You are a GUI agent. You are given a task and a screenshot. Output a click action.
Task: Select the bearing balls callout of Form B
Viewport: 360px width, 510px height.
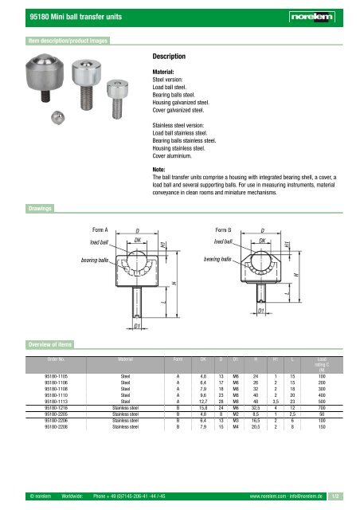217,260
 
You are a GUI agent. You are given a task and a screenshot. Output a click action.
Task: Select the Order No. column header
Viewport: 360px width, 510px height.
39,359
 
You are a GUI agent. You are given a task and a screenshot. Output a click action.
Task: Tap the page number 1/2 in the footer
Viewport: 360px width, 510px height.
345,498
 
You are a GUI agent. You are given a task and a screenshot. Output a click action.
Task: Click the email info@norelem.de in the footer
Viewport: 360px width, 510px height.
313,498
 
